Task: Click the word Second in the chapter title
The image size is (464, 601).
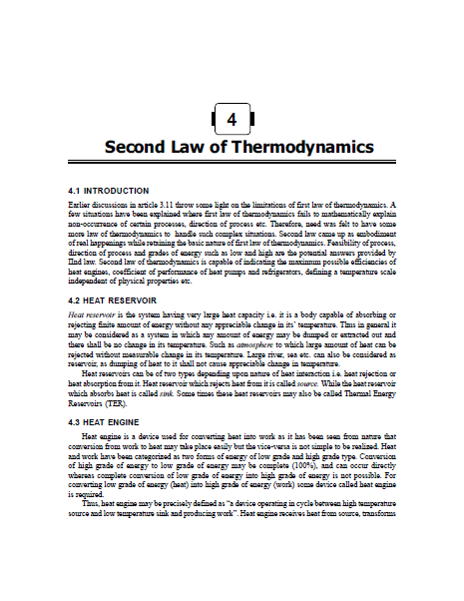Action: pos(137,148)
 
